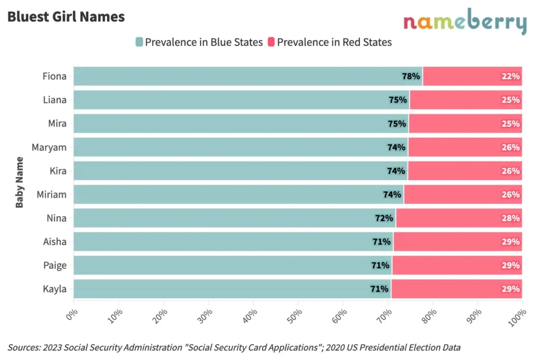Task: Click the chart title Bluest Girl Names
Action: tap(66, 17)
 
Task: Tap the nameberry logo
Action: tap(465, 23)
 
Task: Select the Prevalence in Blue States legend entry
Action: tap(199, 42)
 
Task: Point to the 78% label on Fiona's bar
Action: tap(411, 77)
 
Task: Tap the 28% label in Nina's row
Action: tap(510, 218)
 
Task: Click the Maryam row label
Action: tap(49, 147)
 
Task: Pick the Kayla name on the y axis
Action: tap(55, 289)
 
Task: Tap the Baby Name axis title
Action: tap(20, 182)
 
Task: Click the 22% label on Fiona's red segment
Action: tap(510, 77)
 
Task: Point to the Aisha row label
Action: tap(55, 242)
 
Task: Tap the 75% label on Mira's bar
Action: tap(397, 124)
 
